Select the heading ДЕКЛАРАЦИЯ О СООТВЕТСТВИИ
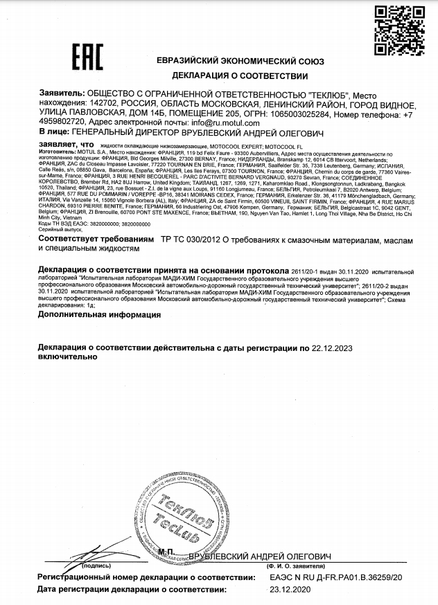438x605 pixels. point(239,75)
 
